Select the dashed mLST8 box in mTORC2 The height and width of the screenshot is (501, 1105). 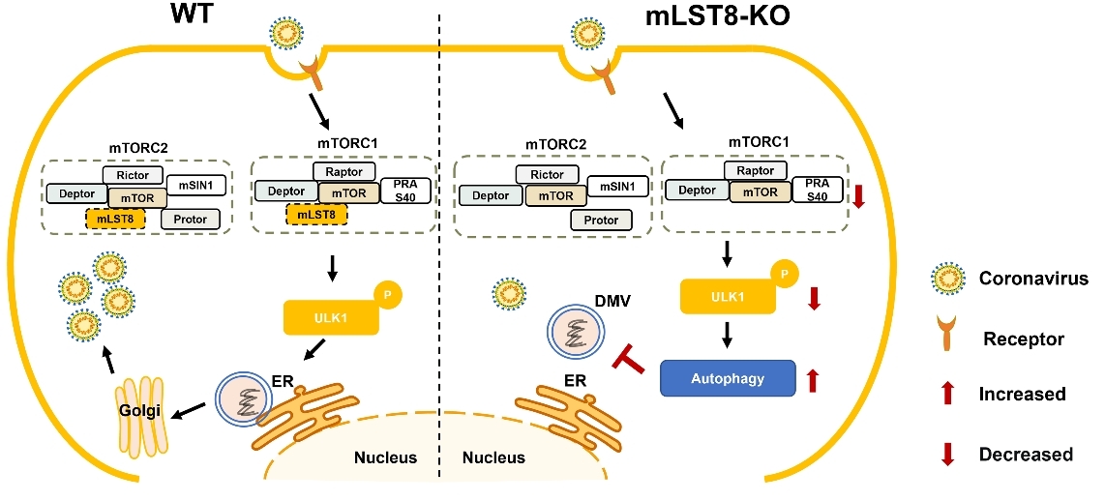click(x=115, y=220)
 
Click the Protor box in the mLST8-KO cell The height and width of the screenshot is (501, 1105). click(x=601, y=220)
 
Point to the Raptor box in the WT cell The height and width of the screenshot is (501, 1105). click(x=344, y=171)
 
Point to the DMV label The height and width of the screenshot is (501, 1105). click(x=613, y=302)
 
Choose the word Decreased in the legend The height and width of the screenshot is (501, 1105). click(x=1026, y=455)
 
